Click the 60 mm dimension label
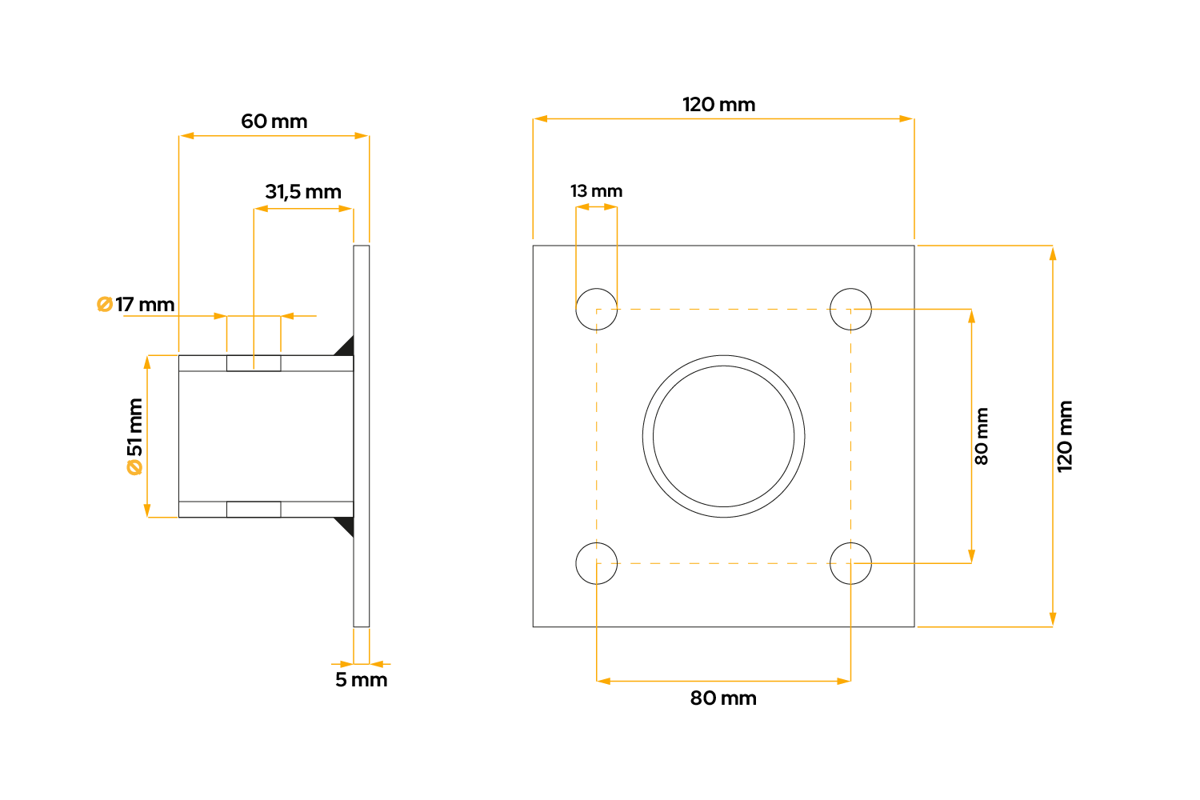(274, 122)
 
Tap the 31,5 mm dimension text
(303, 192)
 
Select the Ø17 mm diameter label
(136, 305)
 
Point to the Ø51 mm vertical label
(134, 437)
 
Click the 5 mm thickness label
(361, 680)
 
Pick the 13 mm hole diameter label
(596, 191)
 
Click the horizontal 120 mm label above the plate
(718, 105)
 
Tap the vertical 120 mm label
(1065, 437)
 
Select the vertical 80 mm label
(982, 437)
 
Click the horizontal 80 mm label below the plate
(723, 698)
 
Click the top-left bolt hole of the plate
(597, 309)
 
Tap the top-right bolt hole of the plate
(850, 309)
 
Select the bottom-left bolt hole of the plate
(597, 563)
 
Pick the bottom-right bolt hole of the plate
(850, 563)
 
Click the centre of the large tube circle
(723, 437)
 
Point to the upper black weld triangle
(346, 346)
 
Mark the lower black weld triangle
(346, 526)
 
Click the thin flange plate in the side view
(362, 436)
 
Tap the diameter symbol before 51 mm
(134, 467)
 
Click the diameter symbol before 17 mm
(104, 305)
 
